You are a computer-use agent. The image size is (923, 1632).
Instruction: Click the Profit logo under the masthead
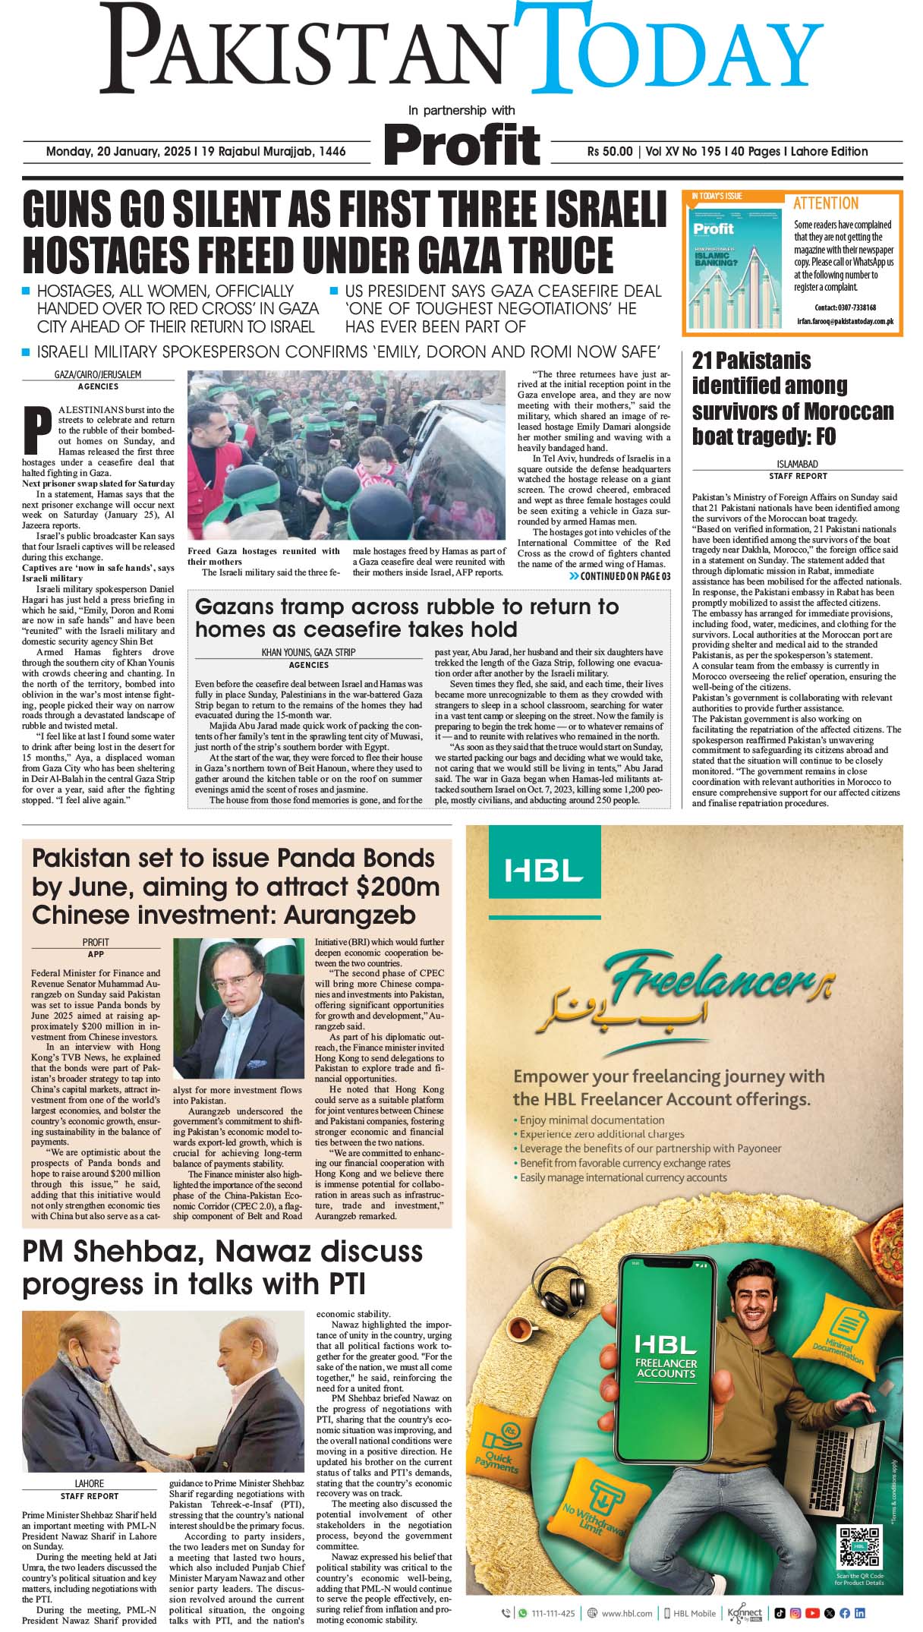coord(461,144)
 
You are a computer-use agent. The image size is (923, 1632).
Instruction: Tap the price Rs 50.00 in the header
coord(610,152)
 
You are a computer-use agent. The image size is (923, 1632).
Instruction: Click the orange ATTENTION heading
coord(826,203)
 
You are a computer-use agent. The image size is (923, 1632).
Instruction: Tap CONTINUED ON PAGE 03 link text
coord(625,576)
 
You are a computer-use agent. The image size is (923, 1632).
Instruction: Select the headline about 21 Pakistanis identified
coord(792,399)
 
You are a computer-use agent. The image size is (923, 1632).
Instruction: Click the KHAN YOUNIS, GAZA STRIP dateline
coord(308,652)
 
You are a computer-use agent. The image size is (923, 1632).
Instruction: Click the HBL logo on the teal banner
coord(543,870)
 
